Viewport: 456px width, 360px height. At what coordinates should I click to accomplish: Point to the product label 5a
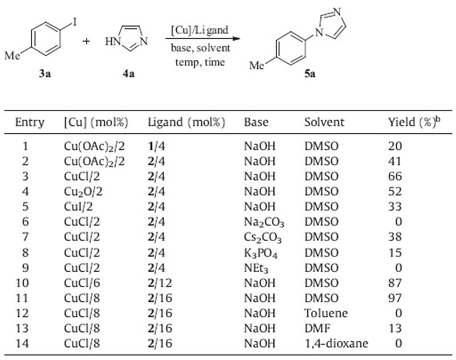310,74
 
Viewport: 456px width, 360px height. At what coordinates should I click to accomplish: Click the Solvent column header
324,122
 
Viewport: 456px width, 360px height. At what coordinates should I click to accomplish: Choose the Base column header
256,122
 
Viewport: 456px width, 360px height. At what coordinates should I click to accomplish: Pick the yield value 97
395,297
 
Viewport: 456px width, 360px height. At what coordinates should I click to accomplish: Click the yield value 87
395,283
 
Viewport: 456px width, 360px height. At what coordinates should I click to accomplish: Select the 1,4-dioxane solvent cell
336,343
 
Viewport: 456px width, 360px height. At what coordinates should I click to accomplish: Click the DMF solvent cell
314,328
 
